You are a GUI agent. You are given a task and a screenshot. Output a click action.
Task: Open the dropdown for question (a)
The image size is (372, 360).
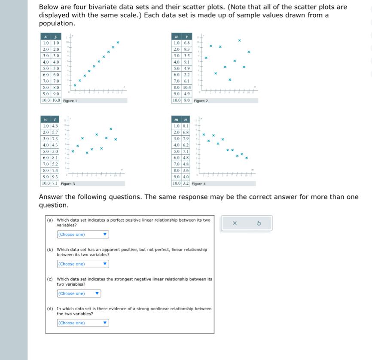pos(83,235)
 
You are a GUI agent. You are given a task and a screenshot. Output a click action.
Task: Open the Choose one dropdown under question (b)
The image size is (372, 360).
pos(83,264)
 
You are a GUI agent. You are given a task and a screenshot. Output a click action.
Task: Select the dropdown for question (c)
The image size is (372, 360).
pos(79,294)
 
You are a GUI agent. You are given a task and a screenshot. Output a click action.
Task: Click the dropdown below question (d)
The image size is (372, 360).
pos(83,323)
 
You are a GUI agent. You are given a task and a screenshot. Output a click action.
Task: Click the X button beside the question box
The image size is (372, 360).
pos(235,223)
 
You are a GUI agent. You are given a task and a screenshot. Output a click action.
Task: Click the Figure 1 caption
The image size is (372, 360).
pos(70,101)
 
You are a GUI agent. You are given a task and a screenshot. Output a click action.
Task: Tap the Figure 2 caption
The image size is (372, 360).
pos(201,101)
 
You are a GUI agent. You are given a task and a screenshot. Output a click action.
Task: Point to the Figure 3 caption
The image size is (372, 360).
pos(68,184)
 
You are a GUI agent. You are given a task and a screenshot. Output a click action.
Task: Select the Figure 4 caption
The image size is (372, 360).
pos(198,184)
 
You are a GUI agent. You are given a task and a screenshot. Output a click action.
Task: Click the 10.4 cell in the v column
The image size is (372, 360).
pos(187,87)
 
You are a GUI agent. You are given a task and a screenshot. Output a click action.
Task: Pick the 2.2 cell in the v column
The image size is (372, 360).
pos(187,74)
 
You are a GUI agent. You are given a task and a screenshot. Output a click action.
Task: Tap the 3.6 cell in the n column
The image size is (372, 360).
pos(185,170)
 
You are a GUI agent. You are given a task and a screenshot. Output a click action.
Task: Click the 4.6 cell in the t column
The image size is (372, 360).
pos(55,126)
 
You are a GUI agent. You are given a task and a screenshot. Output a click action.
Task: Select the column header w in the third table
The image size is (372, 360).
pos(46,119)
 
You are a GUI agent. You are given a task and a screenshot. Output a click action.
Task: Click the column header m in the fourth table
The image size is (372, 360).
pos(176,119)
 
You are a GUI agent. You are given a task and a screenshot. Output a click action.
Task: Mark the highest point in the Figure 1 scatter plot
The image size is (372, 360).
pos(118,43)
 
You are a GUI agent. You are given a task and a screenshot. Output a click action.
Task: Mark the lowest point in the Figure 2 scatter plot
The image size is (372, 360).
pos(230,79)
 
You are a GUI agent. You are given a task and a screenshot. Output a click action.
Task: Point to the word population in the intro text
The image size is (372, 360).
pos(57,23)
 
